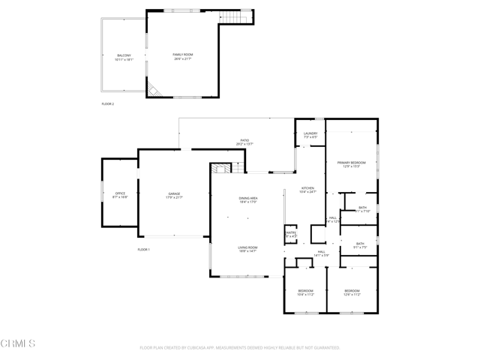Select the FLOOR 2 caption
pyautogui.click(x=108, y=103)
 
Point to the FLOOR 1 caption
pyautogui.click(x=144, y=249)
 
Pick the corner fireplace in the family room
pyautogui.click(x=154, y=91)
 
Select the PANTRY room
pyautogui.click(x=291, y=234)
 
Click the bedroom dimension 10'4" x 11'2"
pyautogui.click(x=305, y=295)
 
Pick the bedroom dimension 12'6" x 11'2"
pyautogui.click(x=352, y=295)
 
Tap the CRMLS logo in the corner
pyautogui.click(x=19, y=344)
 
